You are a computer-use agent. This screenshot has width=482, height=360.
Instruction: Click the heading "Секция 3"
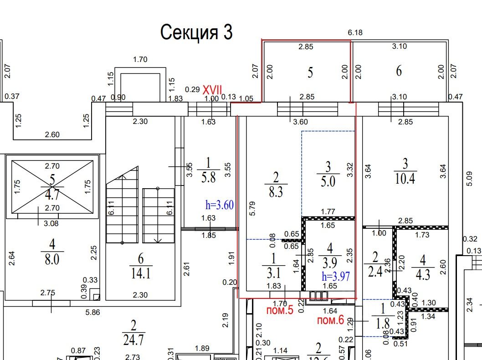point(196,32)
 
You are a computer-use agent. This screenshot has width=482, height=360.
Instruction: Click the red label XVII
point(212,90)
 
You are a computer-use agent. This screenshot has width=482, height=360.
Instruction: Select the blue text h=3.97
point(335,276)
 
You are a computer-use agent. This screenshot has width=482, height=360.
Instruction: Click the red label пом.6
point(330,320)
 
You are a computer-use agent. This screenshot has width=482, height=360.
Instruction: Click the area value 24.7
point(133,340)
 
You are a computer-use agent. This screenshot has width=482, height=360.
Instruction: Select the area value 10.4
point(405,178)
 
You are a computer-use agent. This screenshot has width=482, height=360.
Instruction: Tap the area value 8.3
point(276,192)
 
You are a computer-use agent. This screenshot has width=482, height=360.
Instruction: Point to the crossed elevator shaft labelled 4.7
point(52,187)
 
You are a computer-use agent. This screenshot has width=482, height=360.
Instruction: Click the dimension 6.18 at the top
point(355,32)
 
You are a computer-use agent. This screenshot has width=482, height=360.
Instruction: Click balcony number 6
point(399,71)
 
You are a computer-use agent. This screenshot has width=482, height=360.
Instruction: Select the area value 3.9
point(329,264)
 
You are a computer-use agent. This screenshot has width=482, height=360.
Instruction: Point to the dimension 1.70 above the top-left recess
point(140,59)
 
